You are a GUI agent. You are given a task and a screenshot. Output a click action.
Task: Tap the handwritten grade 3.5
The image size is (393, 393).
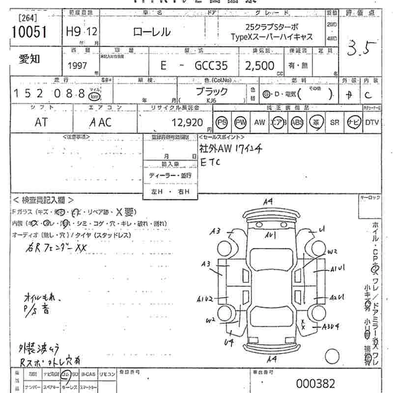point(363,49)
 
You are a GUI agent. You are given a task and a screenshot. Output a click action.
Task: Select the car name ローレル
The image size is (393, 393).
point(152,32)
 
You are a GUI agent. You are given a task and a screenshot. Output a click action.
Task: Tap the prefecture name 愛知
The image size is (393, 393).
point(30,59)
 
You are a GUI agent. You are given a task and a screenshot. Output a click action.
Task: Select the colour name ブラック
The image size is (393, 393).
point(212,91)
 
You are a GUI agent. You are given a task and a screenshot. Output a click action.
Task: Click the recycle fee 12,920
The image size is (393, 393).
point(184,122)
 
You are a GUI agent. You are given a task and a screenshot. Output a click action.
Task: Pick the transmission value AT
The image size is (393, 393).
point(42,122)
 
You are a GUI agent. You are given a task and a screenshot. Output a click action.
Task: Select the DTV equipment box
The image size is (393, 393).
point(371,123)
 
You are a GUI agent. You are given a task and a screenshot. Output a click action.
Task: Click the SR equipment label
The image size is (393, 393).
point(335,123)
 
